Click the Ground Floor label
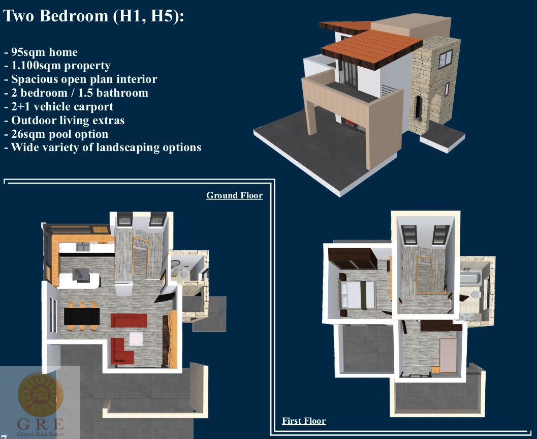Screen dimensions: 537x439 tap(235, 195)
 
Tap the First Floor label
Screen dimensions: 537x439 tap(304, 421)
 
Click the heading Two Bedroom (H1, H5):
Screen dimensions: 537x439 tap(93, 16)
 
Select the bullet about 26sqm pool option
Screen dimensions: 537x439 tap(56, 134)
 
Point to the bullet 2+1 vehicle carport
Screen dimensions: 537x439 tap(58, 107)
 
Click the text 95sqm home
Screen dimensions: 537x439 tap(41, 52)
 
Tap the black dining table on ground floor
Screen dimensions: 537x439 tap(82, 316)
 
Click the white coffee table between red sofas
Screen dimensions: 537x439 tap(136, 339)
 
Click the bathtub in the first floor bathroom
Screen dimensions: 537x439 tap(471, 275)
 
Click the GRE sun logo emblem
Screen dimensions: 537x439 tap(41, 394)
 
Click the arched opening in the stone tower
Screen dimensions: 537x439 tap(418, 108)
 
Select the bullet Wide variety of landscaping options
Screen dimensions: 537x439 tap(103, 148)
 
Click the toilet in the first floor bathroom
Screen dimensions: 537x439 tap(476, 294)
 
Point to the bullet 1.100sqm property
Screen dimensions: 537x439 tap(57, 66)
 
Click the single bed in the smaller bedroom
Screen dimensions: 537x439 tap(448, 355)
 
